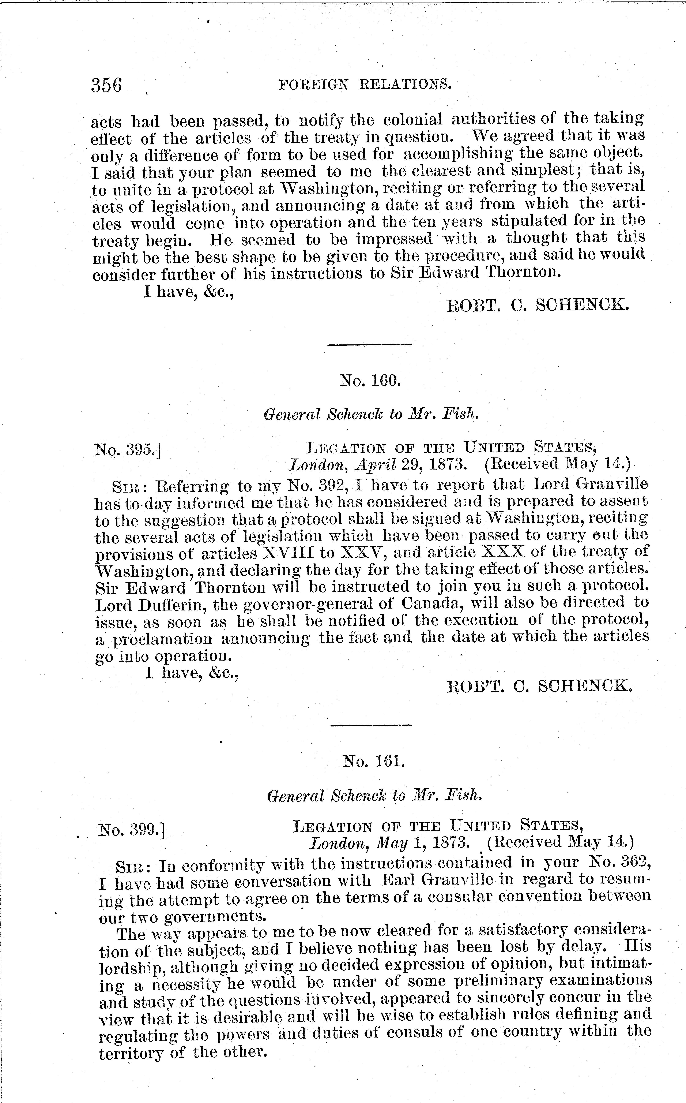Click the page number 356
click(107, 85)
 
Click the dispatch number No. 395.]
click(128, 450)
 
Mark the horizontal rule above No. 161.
click(371, 725)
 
